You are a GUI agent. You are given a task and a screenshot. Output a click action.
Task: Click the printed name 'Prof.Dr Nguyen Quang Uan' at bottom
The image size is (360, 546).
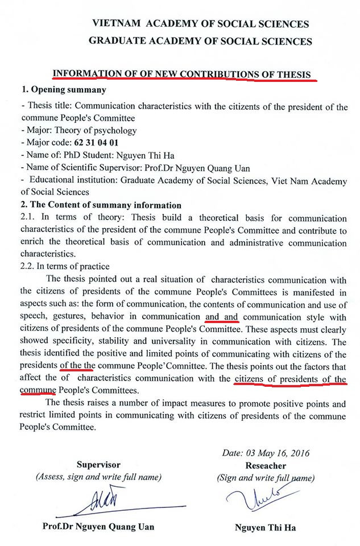(98, 527)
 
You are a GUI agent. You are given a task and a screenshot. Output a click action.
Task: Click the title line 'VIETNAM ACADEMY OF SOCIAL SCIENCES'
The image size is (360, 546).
(201, 24)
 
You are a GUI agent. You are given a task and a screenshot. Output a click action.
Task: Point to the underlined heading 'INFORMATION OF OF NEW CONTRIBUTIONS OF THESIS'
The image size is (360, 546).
(181, 75)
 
